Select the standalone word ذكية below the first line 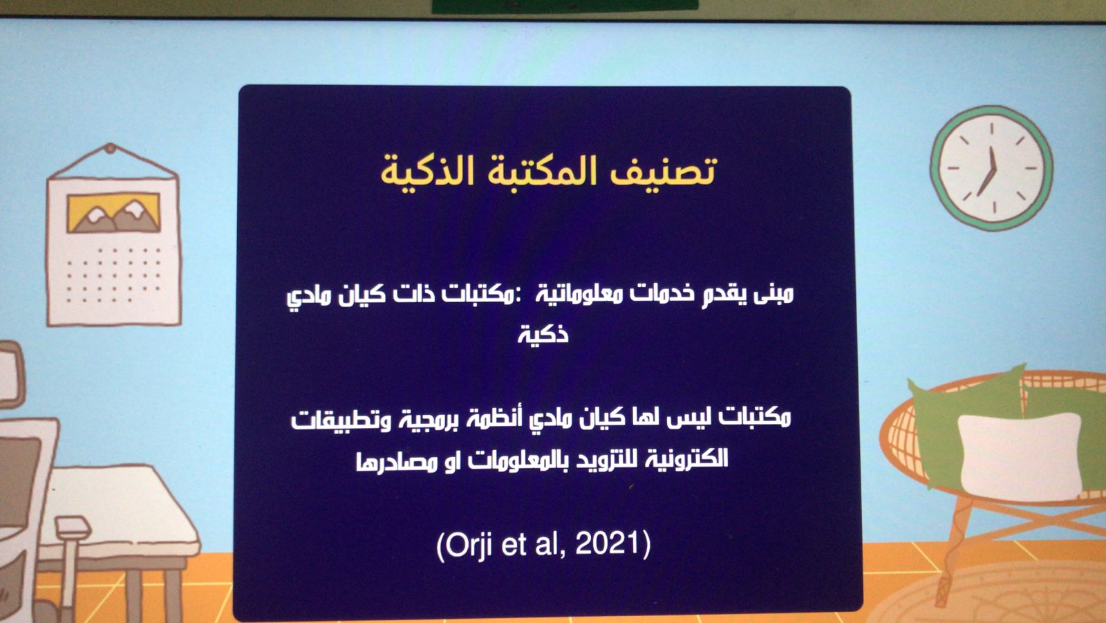tap(543, 335)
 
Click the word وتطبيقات tap(341, 420)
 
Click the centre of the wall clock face tap(991, 168)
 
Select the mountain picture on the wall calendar tap(113, 212)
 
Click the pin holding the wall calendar tap(111, 148)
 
